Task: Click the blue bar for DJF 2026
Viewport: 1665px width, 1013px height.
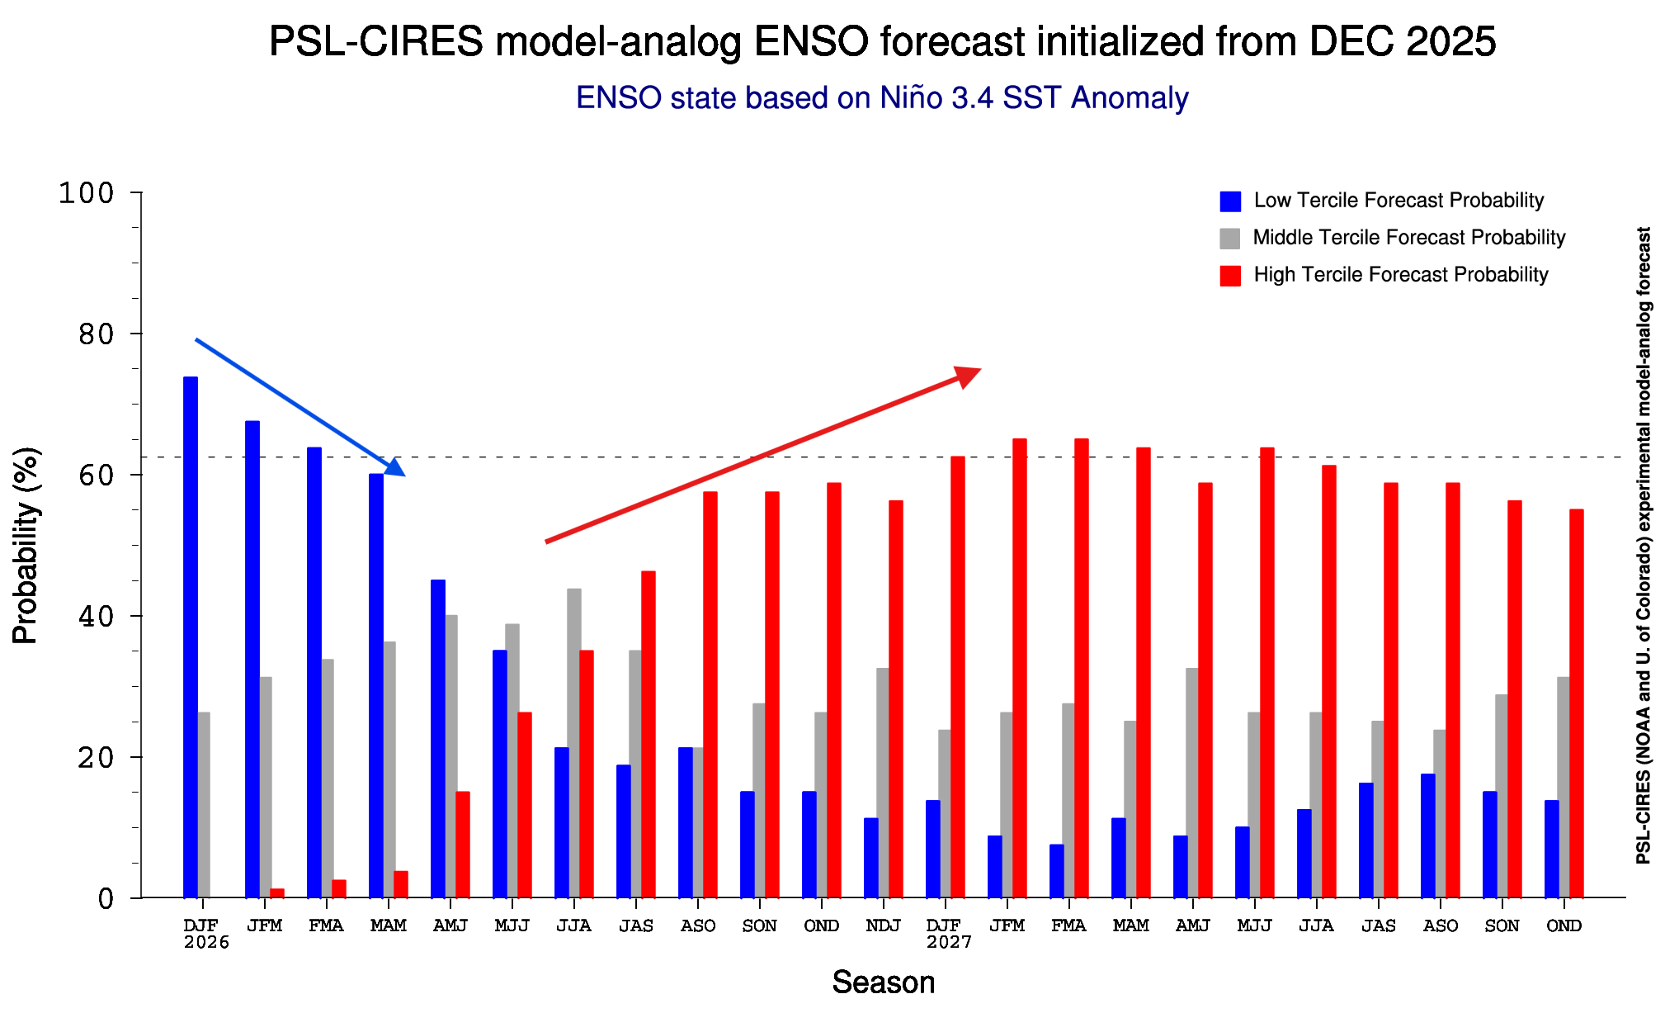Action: click(191, 636)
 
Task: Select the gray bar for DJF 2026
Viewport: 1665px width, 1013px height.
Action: click(204, 805)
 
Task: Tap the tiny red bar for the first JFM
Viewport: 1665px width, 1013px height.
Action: click(277, 893)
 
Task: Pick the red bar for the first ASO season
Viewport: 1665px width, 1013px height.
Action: click(710, 693)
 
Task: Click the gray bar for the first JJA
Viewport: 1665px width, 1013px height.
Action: click(573, 743)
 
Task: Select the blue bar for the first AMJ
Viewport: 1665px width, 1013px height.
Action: click(438, 739)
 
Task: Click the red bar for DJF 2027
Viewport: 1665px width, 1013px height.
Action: click(958, 677)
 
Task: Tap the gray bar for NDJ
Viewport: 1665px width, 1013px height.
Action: click(883, 783)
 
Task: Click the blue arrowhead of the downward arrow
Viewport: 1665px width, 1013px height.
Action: click(395, 467)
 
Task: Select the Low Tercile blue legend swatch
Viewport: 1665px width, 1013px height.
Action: click(1230, 201)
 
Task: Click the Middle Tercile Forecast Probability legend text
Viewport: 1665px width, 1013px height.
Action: click(1408, 238)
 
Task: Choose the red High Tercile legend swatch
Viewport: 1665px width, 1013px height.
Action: click(1230, 276)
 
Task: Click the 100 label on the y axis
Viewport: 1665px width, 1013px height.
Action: click(86, 193)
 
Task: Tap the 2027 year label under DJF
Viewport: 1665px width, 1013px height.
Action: click(949, 942)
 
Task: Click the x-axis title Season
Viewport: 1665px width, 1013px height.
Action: click(883, 982)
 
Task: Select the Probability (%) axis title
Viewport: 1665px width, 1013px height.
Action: click(26, 545)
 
